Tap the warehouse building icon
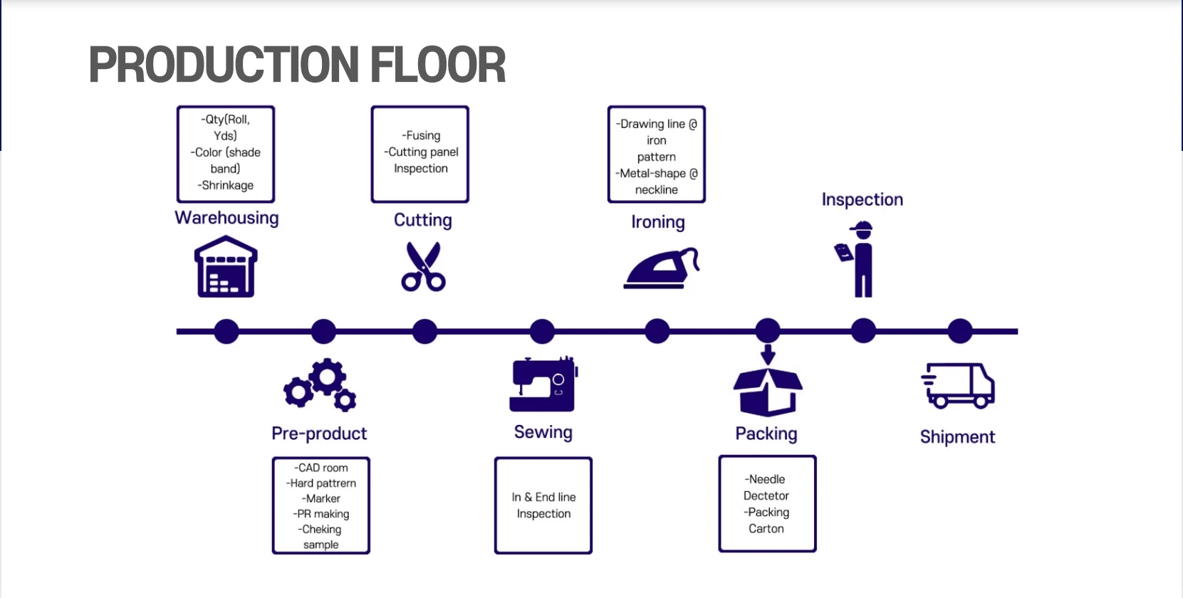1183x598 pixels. (226, 268)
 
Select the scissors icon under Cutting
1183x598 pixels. (424, 267)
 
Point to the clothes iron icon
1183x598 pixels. (661, 268)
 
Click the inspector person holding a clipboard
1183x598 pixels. (859, 259)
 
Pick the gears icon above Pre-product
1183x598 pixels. (320, 384)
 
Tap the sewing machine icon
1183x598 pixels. (543, 384)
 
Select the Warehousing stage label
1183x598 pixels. (226, 218)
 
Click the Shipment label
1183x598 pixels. (957, 437)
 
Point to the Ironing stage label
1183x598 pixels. (657, 222)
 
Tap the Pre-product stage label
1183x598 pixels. (319, 434)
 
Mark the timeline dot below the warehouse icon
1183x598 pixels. (226, 331)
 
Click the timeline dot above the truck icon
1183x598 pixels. (959, 331)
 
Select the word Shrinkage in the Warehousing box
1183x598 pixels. (227, 185)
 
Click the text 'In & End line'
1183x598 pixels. (543, 497)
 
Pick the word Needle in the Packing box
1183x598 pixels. (767, 479)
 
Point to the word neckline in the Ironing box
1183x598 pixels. (657, 190)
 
